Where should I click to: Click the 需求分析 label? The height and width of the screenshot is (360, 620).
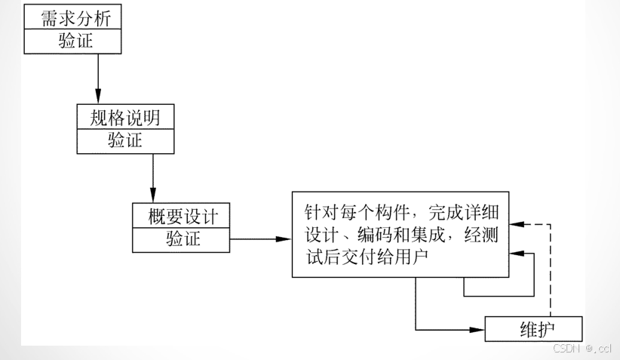(72, 17)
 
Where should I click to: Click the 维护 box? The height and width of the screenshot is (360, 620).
(533, 329)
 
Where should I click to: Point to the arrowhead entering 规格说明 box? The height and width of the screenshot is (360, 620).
(98, 99)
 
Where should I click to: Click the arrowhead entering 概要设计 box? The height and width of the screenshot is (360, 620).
(153, 197)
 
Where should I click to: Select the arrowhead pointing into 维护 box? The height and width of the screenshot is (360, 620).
(477, 329)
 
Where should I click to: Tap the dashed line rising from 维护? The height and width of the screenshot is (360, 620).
(551, 272)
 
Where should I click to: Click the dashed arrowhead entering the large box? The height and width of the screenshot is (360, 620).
(516, 223)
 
